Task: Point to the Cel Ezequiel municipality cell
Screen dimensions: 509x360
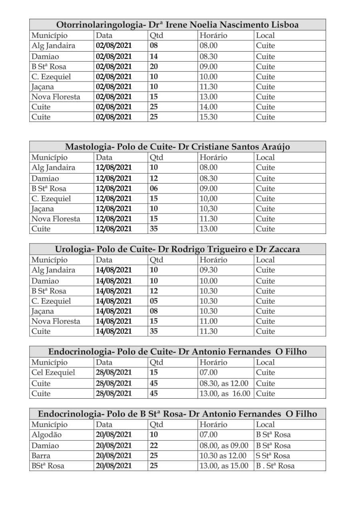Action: pos(53,373)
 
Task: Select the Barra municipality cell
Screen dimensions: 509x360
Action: pos(41,455)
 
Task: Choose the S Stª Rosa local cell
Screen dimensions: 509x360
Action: pos(273,455)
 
